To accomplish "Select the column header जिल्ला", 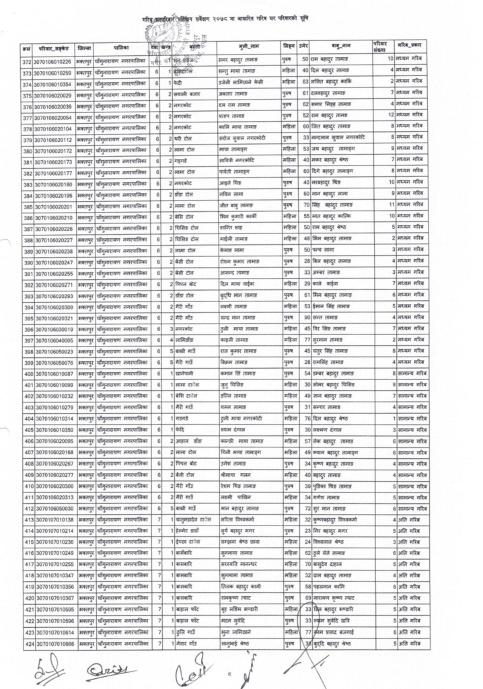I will (85, 48).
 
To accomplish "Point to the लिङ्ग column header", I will (289, 48).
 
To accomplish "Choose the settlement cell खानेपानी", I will (182, 373).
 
